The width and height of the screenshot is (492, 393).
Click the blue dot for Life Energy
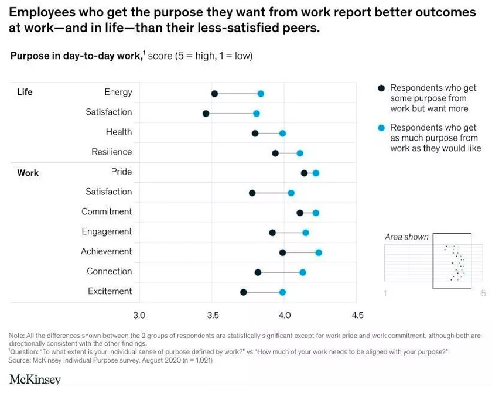pyautogui.click(x=261, y=94)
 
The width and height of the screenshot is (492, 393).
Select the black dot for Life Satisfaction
pyautogui.click(x=206, y=113)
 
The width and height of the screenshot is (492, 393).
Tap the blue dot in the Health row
pyautogui.click(x=282, y=134)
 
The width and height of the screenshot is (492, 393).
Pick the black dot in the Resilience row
pyautogui.click(x=275, y=153)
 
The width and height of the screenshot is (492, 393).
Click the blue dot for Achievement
pyautogui.click(x=319, y=252)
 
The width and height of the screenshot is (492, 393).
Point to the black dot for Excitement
pyautogui.click(x=244, y=292)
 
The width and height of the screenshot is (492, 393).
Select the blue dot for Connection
pyautogui.click(x=303, y=272)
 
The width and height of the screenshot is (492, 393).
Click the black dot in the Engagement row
pyautogui.click(x=272, y=233)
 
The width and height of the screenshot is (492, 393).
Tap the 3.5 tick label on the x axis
pyautogui.click(x=213, y=316)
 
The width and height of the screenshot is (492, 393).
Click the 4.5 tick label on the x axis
pyautogui.click(x=357, y=316)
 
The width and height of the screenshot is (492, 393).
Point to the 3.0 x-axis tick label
pyautogui.click(x=139, y=316)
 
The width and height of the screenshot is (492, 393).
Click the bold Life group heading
pyautogui.click(x=25, y=92)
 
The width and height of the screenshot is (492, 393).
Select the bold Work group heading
pyautogui.click(x=28, y=173)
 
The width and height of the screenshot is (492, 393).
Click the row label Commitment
pyautogui.click(x=107, y=211)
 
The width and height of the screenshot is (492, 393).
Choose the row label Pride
pyautogui.click(x=121, y=172)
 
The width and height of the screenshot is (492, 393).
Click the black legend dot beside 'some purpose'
pyautogui.click(x=381, y=88)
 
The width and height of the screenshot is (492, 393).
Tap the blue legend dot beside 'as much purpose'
pyautogui.click(x=381, y=128)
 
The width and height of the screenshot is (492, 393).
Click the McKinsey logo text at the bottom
pyautogui.click(x=35, y=380)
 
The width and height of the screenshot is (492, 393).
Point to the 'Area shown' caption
pyautogui.click(x=406, y=237)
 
